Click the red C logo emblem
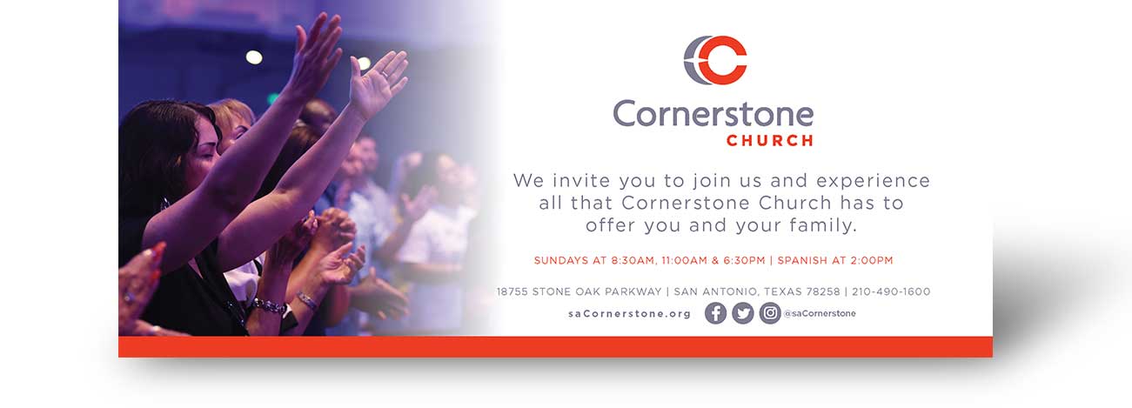[x=715, y=59]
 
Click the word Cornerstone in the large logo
[x=713, y=114]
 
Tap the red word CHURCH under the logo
[x=770, y=140]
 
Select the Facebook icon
[x=715, y=313]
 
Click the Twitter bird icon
[x=743, y=313]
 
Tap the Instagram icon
[x=770, y=313]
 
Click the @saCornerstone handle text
[x=820, y=313]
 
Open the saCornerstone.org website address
[x=629, y=313]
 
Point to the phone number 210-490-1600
[x=891, y=291]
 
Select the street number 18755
[x=512, y=291]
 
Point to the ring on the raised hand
[x=385, y=74]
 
